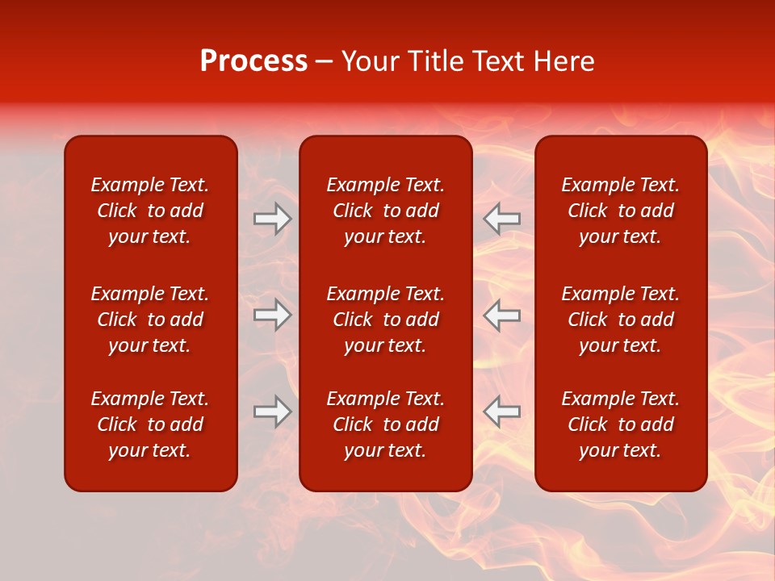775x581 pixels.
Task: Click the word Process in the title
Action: [x=253, y=61]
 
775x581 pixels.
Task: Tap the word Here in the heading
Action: [x=565, y=61]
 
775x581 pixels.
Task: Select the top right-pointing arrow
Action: [x=272, y=219]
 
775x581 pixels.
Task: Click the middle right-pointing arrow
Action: [x=272, y=315]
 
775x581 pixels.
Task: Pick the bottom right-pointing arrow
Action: [x=272, y=412]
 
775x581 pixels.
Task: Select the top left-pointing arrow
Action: [x=502, y=219]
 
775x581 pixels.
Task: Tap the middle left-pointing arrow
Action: [x=502, y=315]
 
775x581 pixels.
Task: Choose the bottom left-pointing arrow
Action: [x=502, y=412]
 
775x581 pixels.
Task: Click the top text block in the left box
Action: [x=150, y=211]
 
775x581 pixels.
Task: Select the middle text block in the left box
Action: [x=150, y=320]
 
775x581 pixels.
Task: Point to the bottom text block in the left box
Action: [x=150, y=424]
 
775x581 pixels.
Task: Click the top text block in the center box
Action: [x=386, y=211]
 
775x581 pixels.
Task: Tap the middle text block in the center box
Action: [x=386, y=320]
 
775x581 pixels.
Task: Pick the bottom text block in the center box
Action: [x=386, y=424]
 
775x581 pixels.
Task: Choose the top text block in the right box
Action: [x=621, y=211]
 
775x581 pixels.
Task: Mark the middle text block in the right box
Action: [x=621, y=320]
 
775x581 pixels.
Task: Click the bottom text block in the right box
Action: [x=621, y=424]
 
